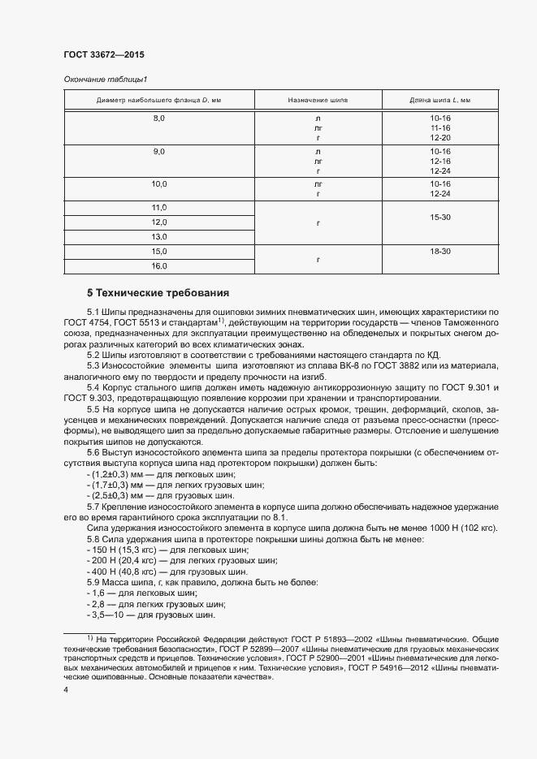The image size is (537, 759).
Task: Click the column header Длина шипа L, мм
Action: point(440,100)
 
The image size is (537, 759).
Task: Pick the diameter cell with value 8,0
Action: point(158,119)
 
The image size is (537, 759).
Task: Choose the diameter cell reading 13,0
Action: point(158,236)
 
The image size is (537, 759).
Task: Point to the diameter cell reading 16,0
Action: point(158,265)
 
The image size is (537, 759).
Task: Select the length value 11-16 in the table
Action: point(440,128)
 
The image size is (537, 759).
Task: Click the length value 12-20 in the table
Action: point(440,138)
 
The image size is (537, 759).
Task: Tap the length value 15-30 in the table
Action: point(440,218)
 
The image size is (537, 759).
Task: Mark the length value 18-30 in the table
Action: point(440,252)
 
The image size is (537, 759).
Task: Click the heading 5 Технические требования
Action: point(158,292)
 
